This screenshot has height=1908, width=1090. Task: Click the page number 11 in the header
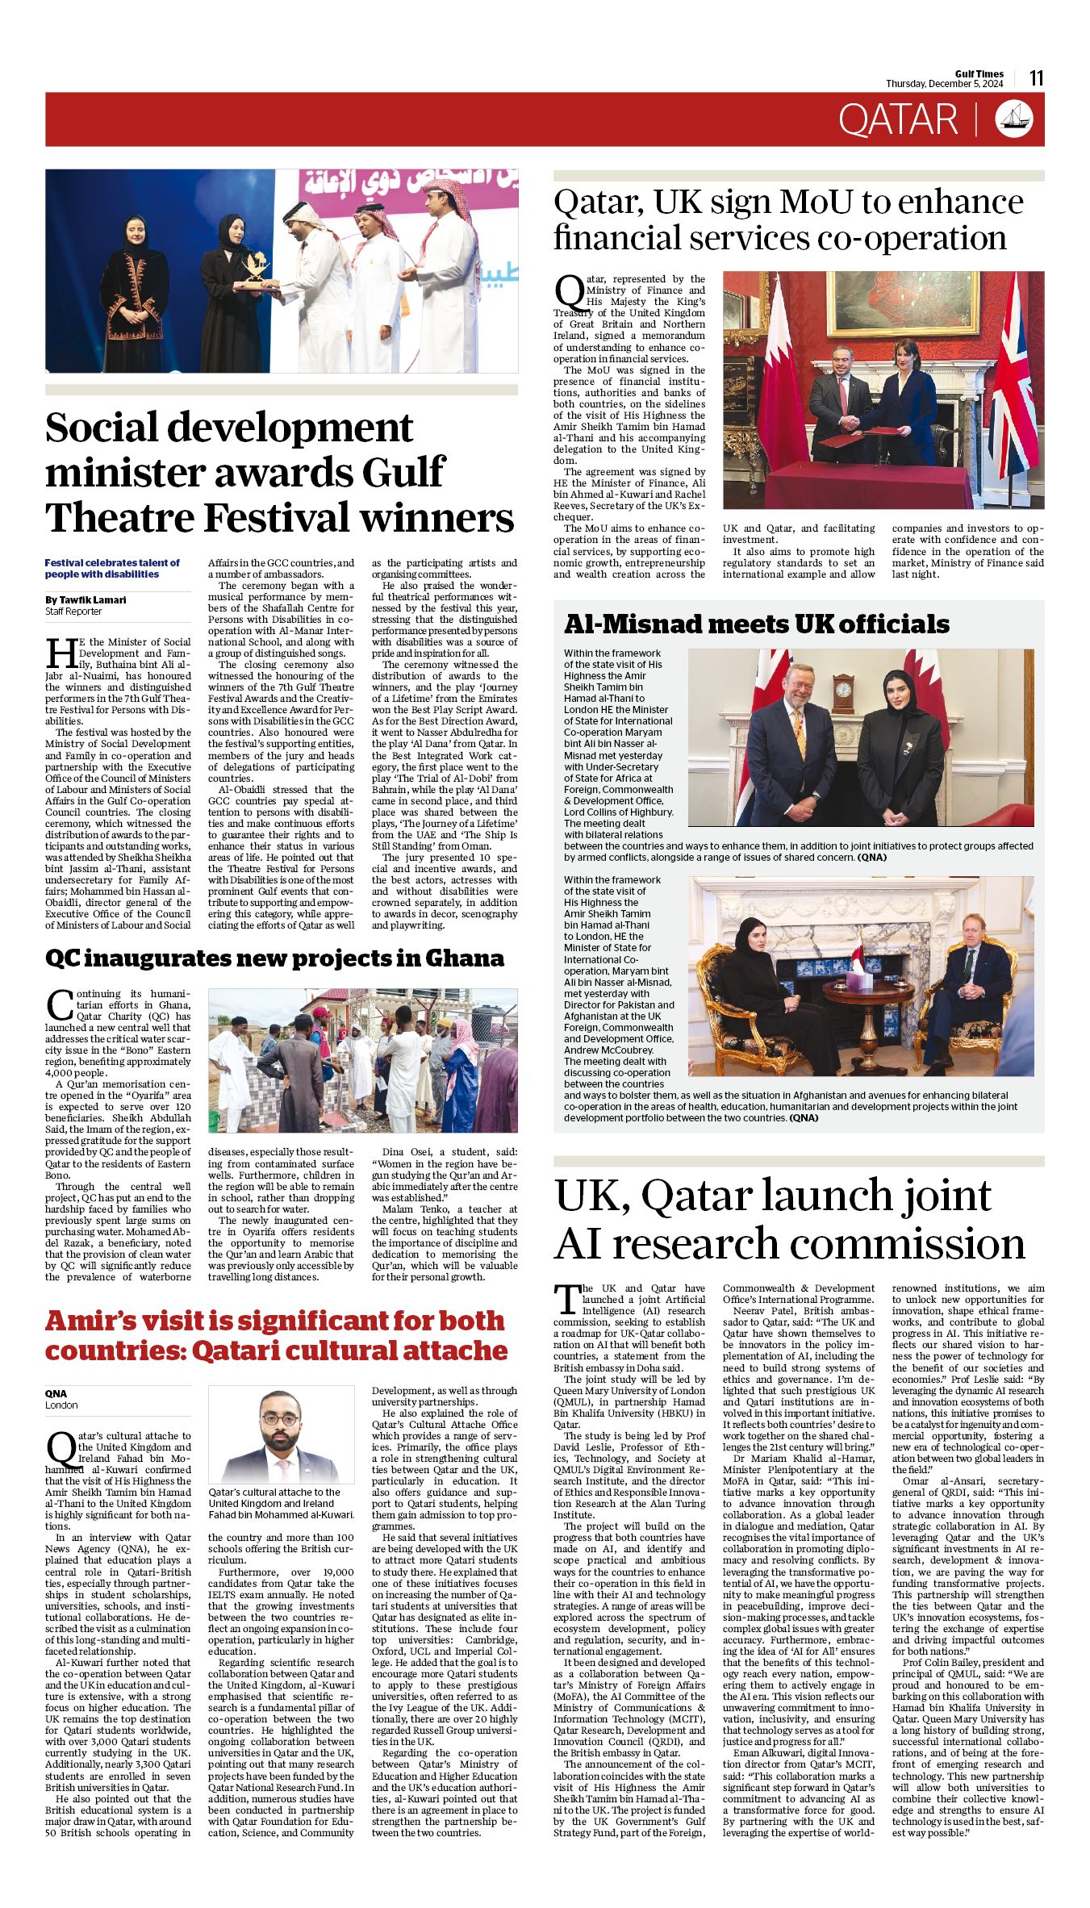tap(1037, 77)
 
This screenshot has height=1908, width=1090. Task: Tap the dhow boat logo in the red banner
tap(1014, 119)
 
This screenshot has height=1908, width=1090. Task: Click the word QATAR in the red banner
tap(897, 120)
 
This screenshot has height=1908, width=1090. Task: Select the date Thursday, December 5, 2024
tap(944, 84)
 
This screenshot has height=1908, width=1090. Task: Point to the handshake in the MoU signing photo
tap(851, 421)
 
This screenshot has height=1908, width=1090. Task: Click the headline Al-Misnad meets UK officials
tap(756, 624)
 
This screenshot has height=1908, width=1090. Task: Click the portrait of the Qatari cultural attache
tap(281, 1437)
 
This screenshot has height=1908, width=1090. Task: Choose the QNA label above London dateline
tap(56, 1393)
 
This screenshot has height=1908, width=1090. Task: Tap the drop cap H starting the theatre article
tap(60, 652)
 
